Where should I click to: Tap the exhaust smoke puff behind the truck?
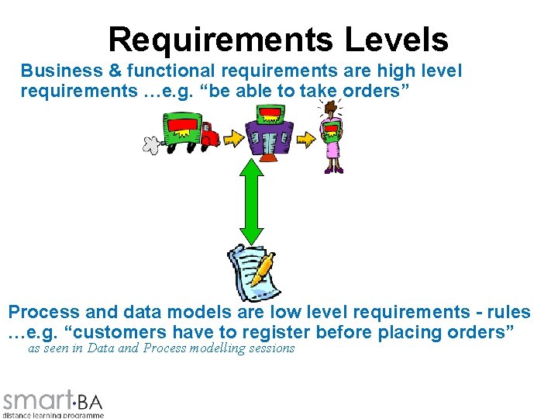(x=150, y=144)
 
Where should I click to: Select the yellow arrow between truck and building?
(x=232, y=138)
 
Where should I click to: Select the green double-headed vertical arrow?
(x=250, y=201)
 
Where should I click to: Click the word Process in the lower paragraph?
(x=44, y=313)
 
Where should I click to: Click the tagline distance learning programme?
(x=53, y=415)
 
